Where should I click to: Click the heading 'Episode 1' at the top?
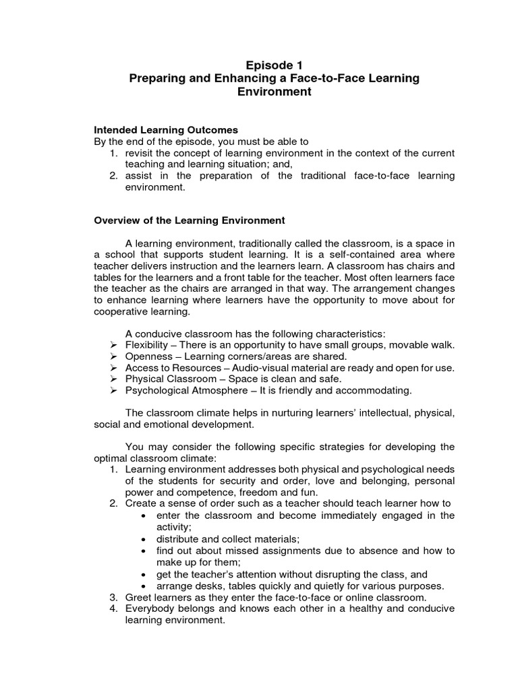(274, 65)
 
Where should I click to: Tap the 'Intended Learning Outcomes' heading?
(165, 130)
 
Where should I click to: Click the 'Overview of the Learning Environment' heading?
(189, 220)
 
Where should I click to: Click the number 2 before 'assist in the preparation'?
(114, 176)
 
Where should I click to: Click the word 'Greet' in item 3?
(138, 598)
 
